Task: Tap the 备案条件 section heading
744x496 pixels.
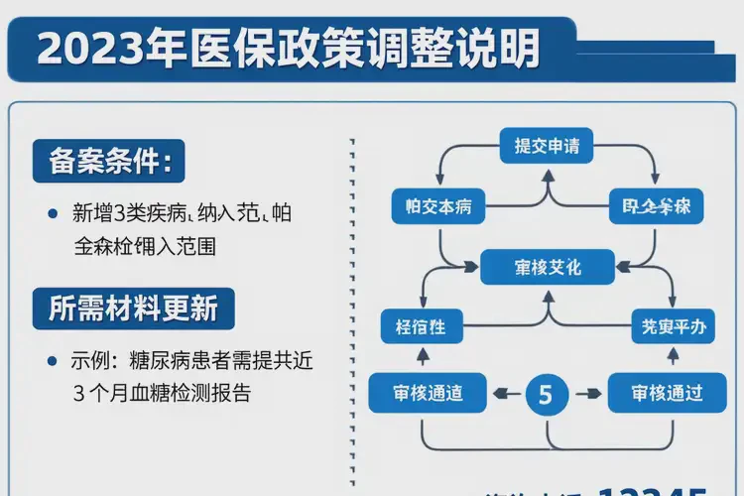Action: [109, 160]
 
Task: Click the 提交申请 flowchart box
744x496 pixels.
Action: [547, 147]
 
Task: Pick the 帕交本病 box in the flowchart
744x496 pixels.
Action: [437, 207]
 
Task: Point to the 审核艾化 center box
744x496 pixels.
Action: [547, 268]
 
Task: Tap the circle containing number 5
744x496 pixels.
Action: [545, 394]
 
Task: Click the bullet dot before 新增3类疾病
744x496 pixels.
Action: [52, 213]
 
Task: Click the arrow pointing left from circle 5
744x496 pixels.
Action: [504, 394]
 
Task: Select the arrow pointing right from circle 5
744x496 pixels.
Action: [587, 394]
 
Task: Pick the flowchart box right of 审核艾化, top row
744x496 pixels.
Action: [656, 207]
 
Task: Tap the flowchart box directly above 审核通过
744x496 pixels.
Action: [671, 324]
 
